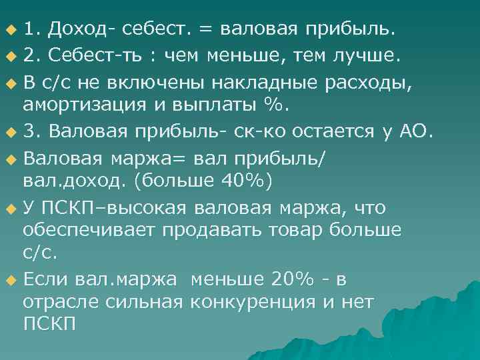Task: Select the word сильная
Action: point(145,301)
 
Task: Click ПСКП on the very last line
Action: point(50,325)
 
